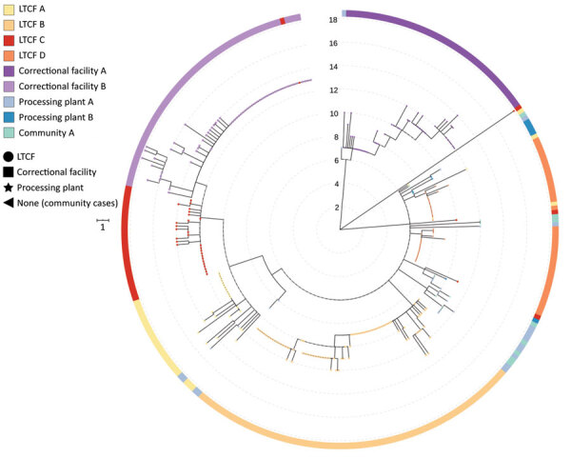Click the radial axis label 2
pos(335,207)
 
